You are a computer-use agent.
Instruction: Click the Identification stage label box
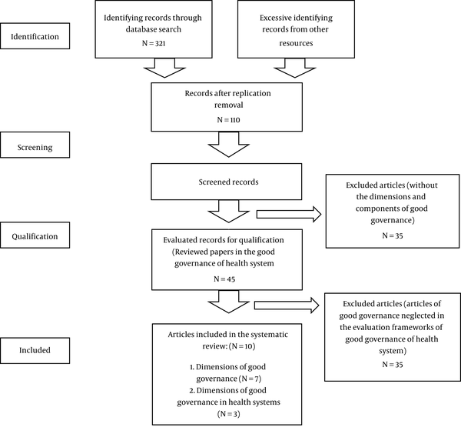coord(35,36)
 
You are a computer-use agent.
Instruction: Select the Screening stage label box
coord(35,145)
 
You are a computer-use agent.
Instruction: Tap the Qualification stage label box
coord(35,235)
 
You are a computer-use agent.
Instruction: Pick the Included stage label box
coord(35,350)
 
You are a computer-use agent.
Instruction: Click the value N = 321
coord(154,43)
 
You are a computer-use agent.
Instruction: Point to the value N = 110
coord(228,120)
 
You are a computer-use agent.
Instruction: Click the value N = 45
coord(224,279)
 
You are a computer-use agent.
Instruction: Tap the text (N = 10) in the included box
coord(242,346)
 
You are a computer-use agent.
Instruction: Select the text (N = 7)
coord(250,379)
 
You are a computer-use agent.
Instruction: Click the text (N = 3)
coord(229,414)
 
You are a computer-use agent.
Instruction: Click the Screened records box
coord(227,182)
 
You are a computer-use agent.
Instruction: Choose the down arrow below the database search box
coord(164,68)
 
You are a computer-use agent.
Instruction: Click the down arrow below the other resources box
coord(295,68)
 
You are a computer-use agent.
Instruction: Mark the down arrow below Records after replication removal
coord(229,144)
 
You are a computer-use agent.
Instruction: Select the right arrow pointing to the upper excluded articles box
coord(289,215)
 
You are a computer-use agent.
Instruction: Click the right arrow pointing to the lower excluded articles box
coord(287,305)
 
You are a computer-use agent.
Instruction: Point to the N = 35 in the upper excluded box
coord(393,235)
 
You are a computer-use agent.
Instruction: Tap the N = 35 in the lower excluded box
coord(393,365)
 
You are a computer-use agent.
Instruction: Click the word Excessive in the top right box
coord(274,18)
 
